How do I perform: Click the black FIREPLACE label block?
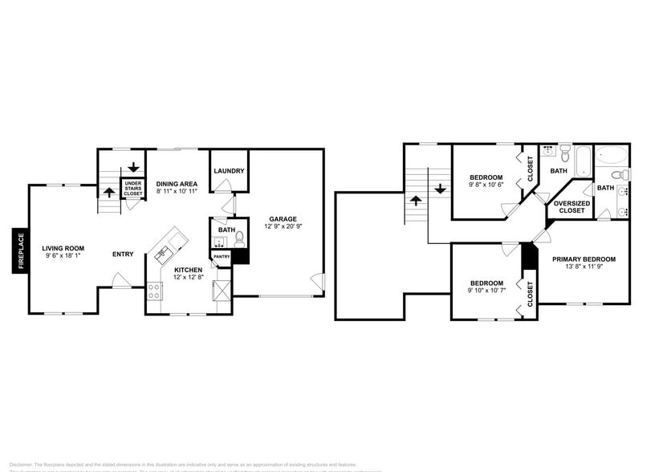pyautogui.click(x=20, y=251)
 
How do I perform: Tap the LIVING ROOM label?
pyautogui.click(x=63, y=248)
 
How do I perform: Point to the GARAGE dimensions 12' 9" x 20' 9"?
pyautogui.click(x=283, y=227)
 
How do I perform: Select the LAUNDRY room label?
pyautogui.click(x=229, y=171)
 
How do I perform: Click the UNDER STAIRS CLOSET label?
pyautogui.click(x=132, y=189)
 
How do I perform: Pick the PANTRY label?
pyautogui.click(x=221, y=257)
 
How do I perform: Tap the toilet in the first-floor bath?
pyautogui.click(x=239, y=239)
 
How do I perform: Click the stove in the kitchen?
pyautogui.click(x=154, y=291)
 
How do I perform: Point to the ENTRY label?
pyautogui.click(x=123, y=254)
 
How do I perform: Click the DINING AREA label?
pyautogui.click(x=177, y=183)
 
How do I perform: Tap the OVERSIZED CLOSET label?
pyautogui.click(x=572, y=207)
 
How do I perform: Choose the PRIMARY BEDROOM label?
pyautogui.click(x=584, y=258)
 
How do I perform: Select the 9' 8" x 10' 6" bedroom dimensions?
pyautogui.click(x=486, y=185)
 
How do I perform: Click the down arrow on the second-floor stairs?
pyautogui.click(x=441, y=189)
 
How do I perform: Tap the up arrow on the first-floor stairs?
pyautogui.click(x=109, y=193)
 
